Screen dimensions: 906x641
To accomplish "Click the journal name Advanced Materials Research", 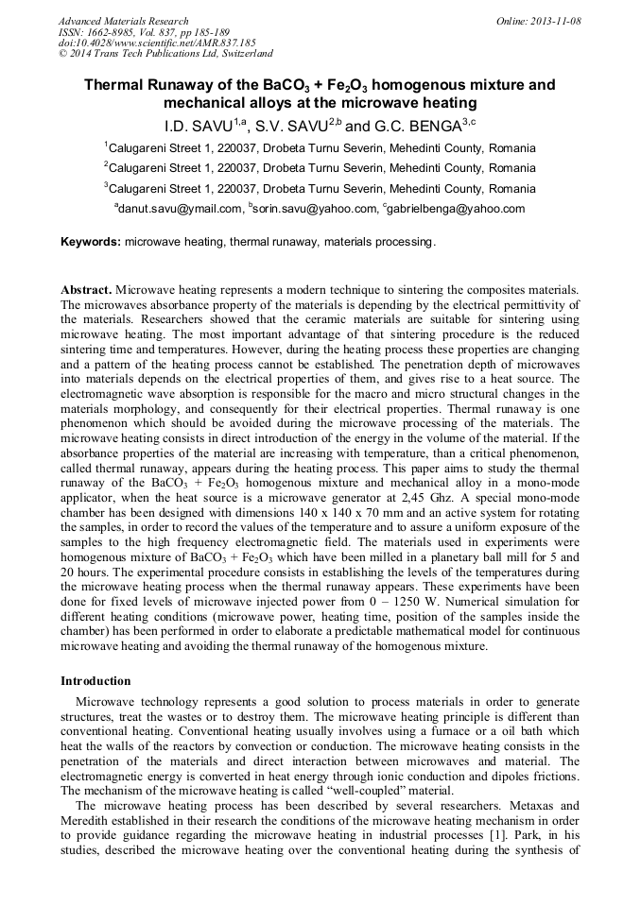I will pyautogui.click(x=123, y=21).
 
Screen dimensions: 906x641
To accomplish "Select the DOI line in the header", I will pyautogui.click(x=156, y=43).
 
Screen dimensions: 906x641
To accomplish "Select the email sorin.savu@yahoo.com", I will pyautogui.click(x=314, y=210).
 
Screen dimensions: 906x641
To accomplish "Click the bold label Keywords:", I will pyautogui.click(x=91, y=243).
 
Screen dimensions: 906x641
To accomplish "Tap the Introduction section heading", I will pyautogui.click(x=95, y=680).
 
